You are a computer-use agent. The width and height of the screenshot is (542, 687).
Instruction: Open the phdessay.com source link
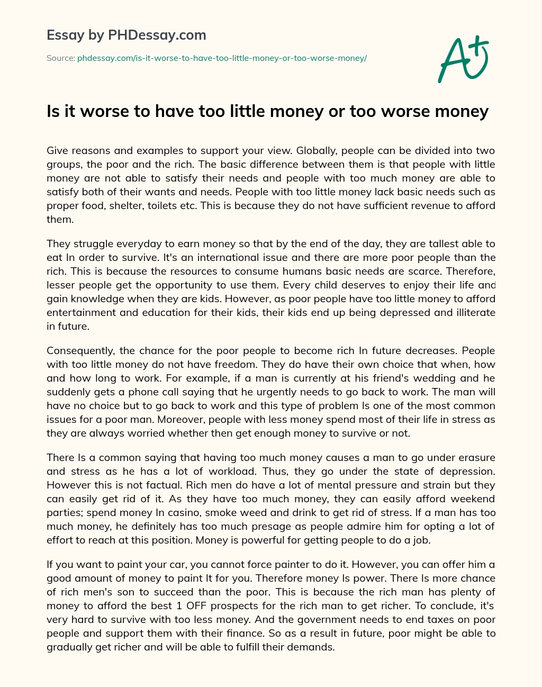[x=222, y=58]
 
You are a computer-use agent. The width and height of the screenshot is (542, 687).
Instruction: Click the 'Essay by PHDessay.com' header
[x=126, y=35]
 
